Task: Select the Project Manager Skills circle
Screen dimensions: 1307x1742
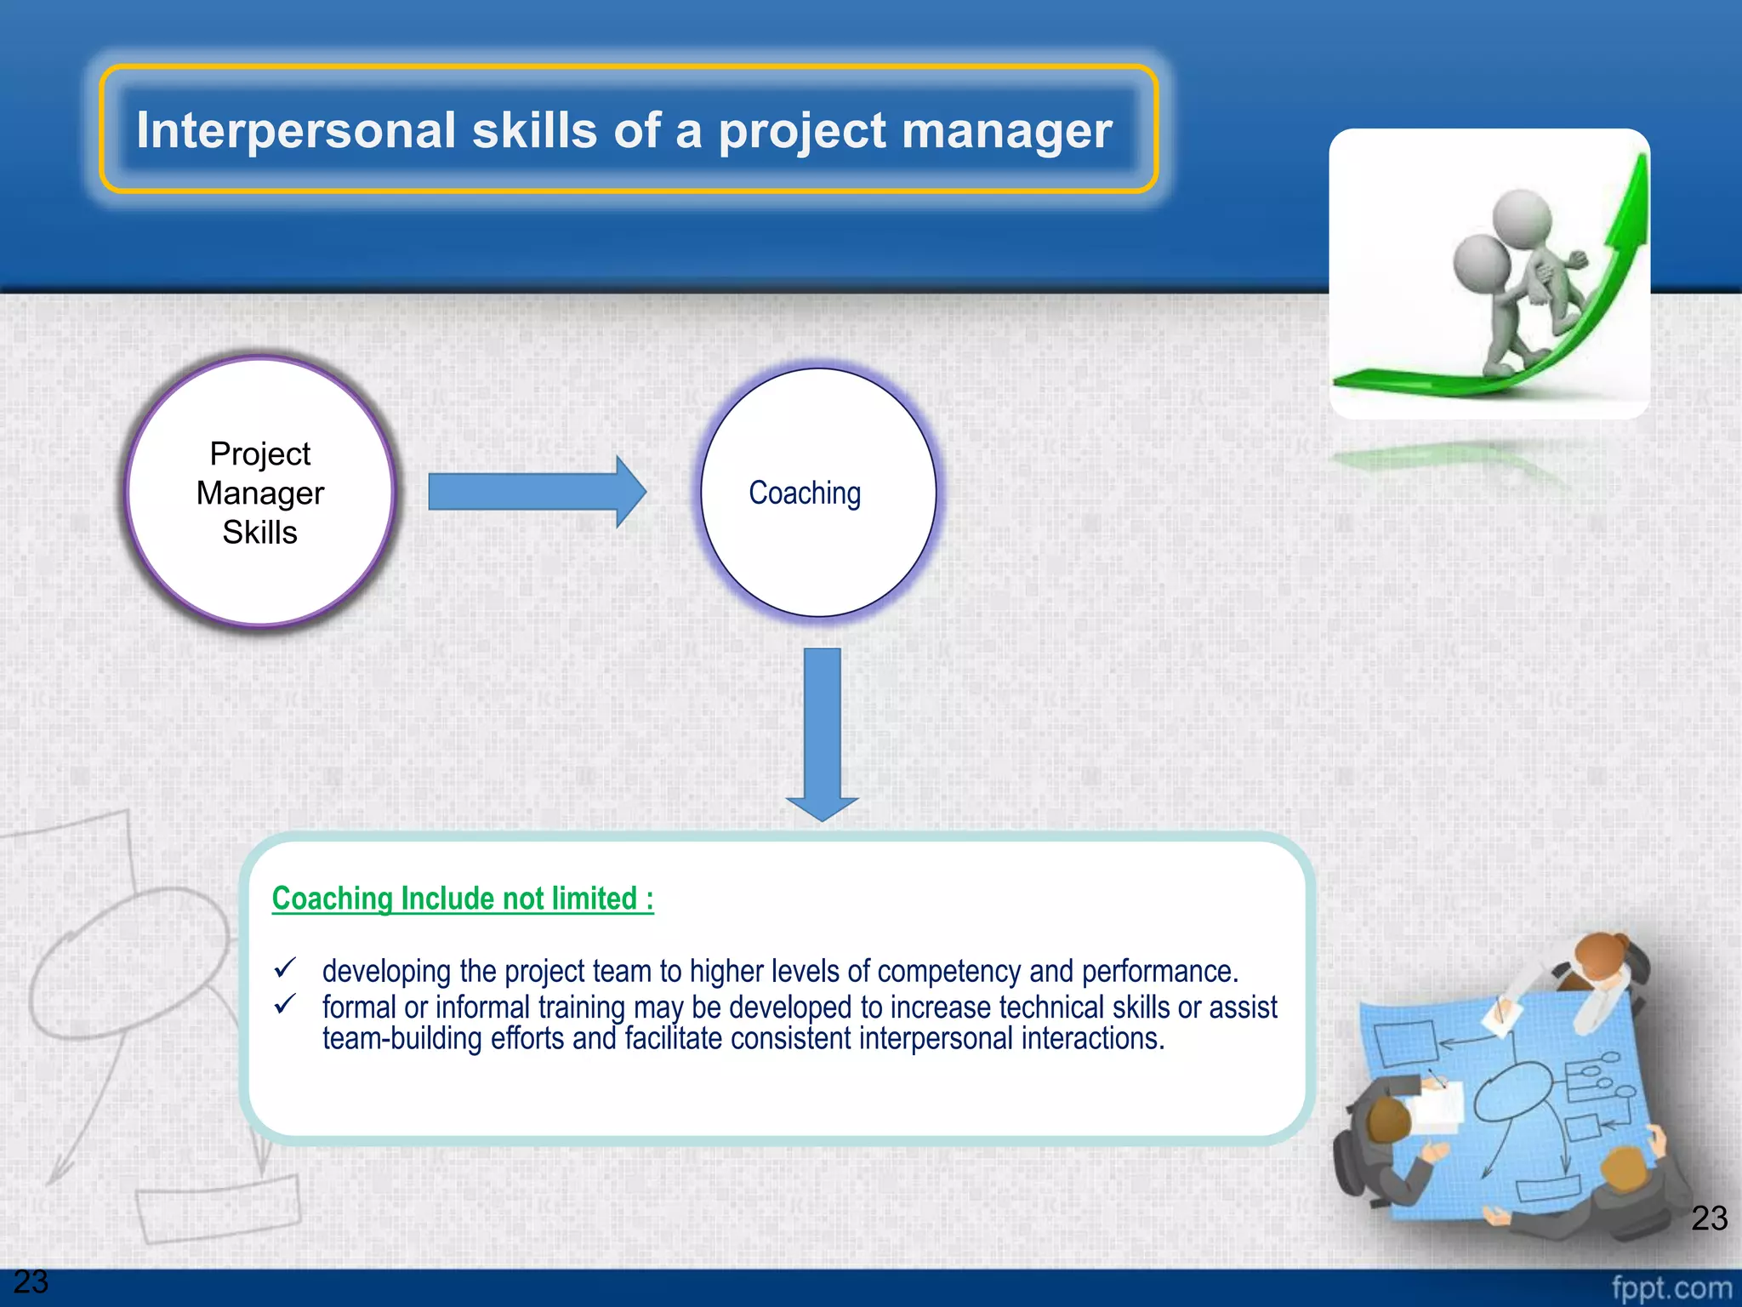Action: point(260,493)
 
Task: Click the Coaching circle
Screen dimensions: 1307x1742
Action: point(818,493)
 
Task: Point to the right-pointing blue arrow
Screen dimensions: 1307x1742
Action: point(536,492)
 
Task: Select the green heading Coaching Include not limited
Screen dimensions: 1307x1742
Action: point(463,899)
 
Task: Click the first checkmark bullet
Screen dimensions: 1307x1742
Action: point(285,968)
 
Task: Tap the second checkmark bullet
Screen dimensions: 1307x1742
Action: point(285,1004)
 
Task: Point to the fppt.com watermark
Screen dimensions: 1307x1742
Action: point(1671,1287)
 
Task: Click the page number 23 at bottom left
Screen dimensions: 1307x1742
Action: point(31,1281)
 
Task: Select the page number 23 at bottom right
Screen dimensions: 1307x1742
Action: point(1709,1218)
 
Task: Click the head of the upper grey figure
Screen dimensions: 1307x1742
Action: point(1522,217)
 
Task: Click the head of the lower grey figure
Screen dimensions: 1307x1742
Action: point(1482,263)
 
